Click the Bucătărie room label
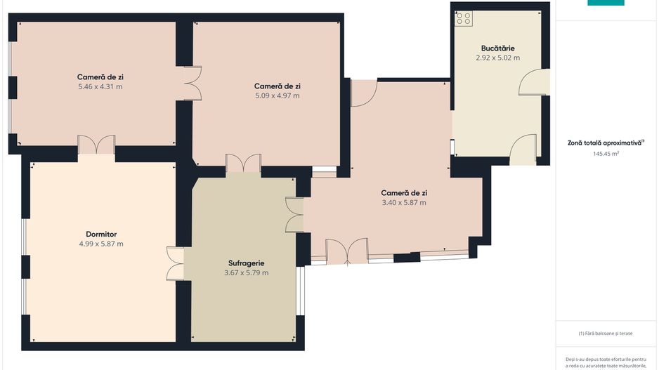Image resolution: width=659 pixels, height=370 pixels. pyautogui.click(x=497, y=48)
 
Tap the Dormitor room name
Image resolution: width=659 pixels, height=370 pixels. pyautogui.click(x=101, y=234)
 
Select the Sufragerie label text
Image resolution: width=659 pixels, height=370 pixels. pyautogui.click(x=247, y=263)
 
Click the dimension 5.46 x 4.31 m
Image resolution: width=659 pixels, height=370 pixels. pyautogui.click(x=100, y=87)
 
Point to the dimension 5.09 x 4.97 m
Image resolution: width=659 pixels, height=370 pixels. pyautogui.click(x=278, y=95)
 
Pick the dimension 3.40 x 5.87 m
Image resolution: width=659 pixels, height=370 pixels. pyautogui.click(x=404, y=202)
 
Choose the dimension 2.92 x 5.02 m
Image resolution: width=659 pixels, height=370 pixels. pyautogui.click(x=497, y=58)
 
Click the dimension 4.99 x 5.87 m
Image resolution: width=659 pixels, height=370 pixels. pyautogui.click(x=101, y=244)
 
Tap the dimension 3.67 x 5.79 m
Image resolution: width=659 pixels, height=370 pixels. pyautogui.click(x=247, y=272)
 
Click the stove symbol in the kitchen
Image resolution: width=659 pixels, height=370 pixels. pyautogui.click(x=464, y=18)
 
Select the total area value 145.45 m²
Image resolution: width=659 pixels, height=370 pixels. pyautogui.click(x=606, y=154)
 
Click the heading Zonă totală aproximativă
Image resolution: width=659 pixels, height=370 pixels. pyautogui.click(x=606, y=143)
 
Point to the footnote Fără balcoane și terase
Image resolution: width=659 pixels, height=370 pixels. pyautogui.click(x=605, y=333)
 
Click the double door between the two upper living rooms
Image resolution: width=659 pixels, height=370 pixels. pyautogui.click(x=193, y=83)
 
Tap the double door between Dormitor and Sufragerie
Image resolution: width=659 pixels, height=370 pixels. pyautogui.click(x=175, y=264)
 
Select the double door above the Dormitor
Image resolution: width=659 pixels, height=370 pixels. pyautogui.click(x=97, y=145)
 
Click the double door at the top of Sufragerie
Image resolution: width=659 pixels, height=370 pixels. pyautogui.click(x=243, y=164)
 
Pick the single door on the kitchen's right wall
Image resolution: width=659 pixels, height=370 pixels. pyautogui.click(x=534, y=82)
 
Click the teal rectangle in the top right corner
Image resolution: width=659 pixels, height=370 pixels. pyautogui.click(x=606, y=3)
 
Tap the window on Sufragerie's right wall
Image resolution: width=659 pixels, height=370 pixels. pyautogui.click(x=301, y=291)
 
